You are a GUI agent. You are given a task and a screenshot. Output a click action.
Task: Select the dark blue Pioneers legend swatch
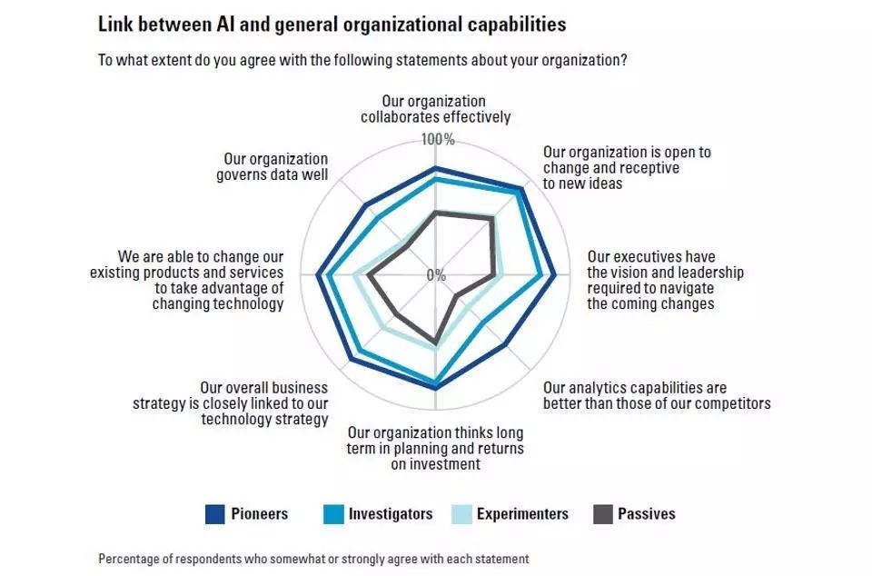click(x=215, y=514)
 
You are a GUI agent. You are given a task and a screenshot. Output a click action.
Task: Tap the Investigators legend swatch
click(x=332, y=514)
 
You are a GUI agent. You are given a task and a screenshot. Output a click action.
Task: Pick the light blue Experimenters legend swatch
click(x=461, y=514)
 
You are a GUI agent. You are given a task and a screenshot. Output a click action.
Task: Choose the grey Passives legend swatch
click(x=602, y=514)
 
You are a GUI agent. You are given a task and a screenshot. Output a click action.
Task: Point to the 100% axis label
click(x=437, y=140)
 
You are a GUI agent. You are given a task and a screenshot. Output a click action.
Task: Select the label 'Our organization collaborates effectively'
click(x=435, y=109)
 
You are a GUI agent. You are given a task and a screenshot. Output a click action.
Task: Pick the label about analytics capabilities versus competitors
click(x=657, y=396)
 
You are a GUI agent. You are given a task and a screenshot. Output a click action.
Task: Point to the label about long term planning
click(x=435, y=449)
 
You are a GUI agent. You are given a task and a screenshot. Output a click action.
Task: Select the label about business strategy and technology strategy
click(x=264, y=403)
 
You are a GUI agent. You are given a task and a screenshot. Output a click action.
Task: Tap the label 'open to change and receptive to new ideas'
click(x=627, y=168)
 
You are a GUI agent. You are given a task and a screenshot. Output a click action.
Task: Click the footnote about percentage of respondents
click(x=313, y=559)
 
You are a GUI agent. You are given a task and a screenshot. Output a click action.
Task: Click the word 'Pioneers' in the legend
click(x=260, y=514)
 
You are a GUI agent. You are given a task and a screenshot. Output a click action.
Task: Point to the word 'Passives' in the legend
click(x=647, y=514)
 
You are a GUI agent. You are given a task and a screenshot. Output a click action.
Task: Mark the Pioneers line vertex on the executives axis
click(x=554, y=275)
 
